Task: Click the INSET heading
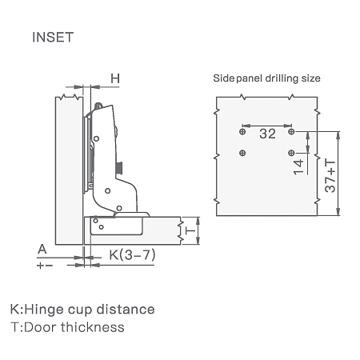[x=53, y=37]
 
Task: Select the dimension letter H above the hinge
[x=115, y=78]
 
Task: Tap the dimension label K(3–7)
[x=132, y=255]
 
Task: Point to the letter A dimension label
[x=42, y=250]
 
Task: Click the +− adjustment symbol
[x=45, y=266]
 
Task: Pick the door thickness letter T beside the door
[x=190, y=230]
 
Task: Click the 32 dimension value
[x=267, y=134]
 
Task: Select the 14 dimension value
[x=298, y=167]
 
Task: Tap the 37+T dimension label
[x=330, y=176]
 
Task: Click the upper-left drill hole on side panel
[x=242, y=131]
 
